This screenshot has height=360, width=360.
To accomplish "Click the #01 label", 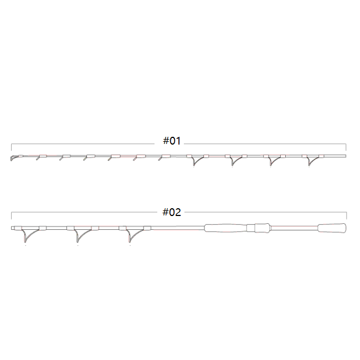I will [172, 141].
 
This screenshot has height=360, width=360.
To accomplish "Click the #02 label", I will [172, 212].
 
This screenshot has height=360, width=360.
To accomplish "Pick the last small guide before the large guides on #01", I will [161, 159].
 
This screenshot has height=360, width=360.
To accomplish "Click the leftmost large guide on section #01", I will [194, 161].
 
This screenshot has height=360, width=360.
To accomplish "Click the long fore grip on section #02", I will [227, 228].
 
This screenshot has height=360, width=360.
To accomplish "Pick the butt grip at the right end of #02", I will [332, 228].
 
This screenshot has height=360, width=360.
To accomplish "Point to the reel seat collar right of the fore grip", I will [260, 228].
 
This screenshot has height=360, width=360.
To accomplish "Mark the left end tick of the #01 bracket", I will [12, 147].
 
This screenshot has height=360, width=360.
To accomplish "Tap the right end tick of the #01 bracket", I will [346, 147].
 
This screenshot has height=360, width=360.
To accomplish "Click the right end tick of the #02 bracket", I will [346, 216].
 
